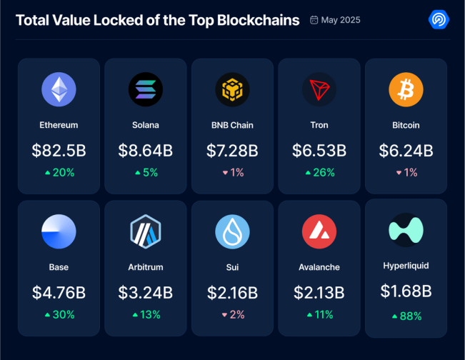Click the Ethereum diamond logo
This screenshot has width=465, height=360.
point(59,90)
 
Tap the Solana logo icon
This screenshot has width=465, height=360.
point(146,90)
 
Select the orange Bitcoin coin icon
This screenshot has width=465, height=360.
point(406,90)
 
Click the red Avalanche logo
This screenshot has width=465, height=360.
point(319,231)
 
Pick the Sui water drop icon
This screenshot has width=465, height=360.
point(232,231)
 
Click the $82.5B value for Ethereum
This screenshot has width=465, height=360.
point(59,151)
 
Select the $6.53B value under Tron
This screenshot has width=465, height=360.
point(319,151)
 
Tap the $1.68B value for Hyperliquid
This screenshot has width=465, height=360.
point(406,291)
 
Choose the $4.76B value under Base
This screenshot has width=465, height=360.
point(59,292)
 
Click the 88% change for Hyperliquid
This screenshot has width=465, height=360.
point(406,316)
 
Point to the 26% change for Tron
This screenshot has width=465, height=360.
point(319,173)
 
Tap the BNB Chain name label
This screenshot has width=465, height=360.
point(232,125)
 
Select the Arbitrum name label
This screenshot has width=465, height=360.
point(146,267)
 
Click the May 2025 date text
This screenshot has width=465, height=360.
point(340,20)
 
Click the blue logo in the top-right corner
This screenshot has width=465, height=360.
point(438,19)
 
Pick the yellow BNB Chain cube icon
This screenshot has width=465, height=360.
point(232,90)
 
